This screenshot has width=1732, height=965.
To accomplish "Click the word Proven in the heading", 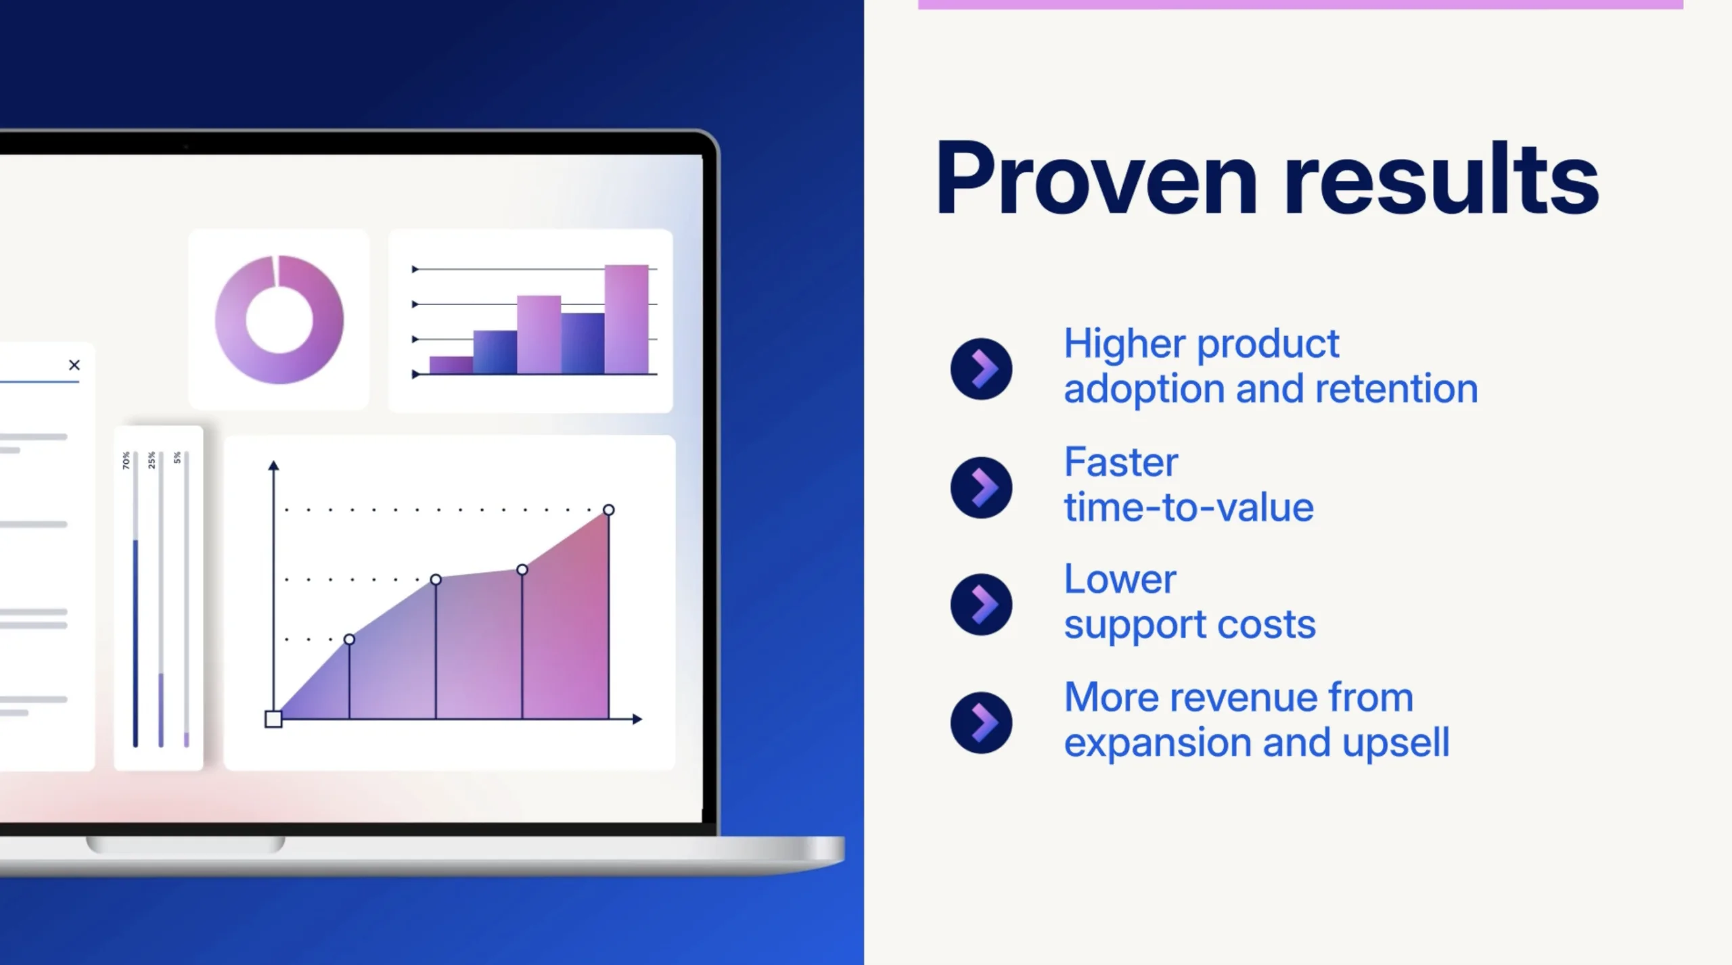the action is (1097, 179).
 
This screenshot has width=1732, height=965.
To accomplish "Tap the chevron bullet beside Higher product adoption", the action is (981, 369).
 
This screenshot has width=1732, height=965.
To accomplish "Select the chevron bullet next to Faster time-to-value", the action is (981, 488).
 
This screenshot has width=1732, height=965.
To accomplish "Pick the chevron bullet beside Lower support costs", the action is (981, 605).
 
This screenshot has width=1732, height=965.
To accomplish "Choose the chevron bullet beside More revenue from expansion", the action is (981, 722).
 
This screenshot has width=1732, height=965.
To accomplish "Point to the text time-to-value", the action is (1189, 508).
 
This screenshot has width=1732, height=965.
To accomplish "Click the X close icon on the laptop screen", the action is (74, 365).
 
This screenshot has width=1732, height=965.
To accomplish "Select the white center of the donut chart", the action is (279, 320).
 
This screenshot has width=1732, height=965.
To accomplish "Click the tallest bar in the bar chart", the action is (626, 319).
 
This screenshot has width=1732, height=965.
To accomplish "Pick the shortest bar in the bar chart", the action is (451, 365).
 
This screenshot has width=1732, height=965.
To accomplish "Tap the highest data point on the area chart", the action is (609, 510).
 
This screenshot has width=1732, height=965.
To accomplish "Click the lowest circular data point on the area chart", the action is (349, 639).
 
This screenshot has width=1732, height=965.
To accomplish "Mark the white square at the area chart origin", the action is (273, 719).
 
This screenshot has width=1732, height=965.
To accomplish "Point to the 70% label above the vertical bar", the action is (126, 461).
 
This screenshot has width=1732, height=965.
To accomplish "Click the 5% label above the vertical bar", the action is (177, 458).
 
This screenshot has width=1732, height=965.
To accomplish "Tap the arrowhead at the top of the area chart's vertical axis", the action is (273, 465).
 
